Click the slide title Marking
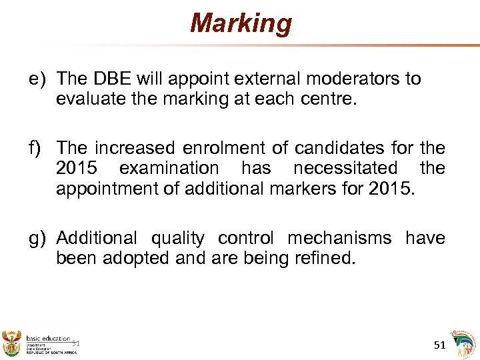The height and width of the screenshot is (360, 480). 241,23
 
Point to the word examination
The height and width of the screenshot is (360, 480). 169,168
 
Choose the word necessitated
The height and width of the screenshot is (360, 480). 345,168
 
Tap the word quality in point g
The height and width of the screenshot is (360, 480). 178,238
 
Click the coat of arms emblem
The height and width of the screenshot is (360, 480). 12,341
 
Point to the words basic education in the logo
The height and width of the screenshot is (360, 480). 48,338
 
